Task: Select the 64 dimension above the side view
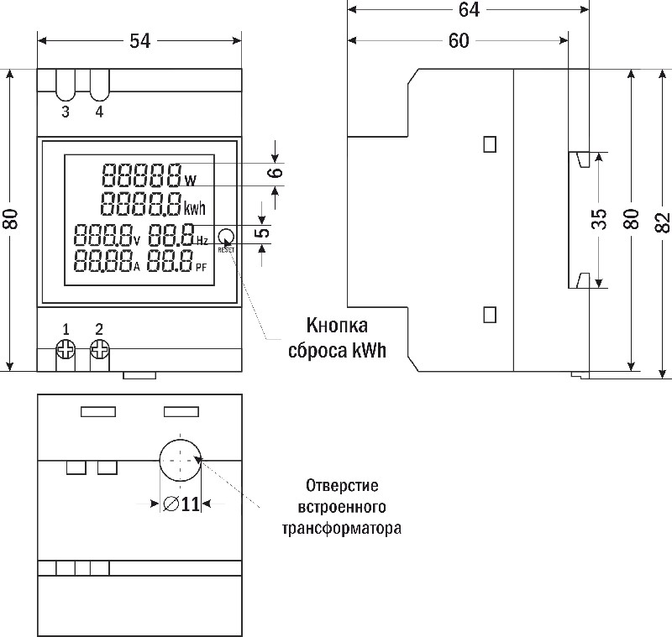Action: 470,10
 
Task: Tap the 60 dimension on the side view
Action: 458,41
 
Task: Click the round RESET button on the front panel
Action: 226,236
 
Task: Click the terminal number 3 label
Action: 66,112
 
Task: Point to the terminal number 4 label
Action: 99,112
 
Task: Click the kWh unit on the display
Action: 195,209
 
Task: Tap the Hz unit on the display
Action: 202,241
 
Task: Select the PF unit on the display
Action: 201,268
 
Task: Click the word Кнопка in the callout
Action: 338,326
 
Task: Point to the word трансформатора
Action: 341,529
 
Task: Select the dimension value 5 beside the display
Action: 263,232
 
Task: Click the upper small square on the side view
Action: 490,144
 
